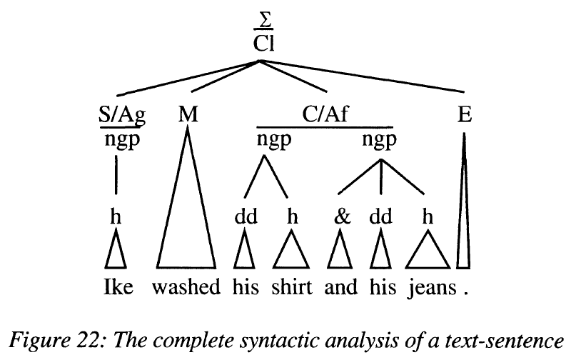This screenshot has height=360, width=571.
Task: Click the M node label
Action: [187, 116]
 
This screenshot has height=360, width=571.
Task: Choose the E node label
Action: [465, 116]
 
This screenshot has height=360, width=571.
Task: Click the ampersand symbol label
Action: [342, 217]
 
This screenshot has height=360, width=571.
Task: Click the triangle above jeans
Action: [428, 254]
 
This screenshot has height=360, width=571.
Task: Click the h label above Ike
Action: [116, 217]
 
